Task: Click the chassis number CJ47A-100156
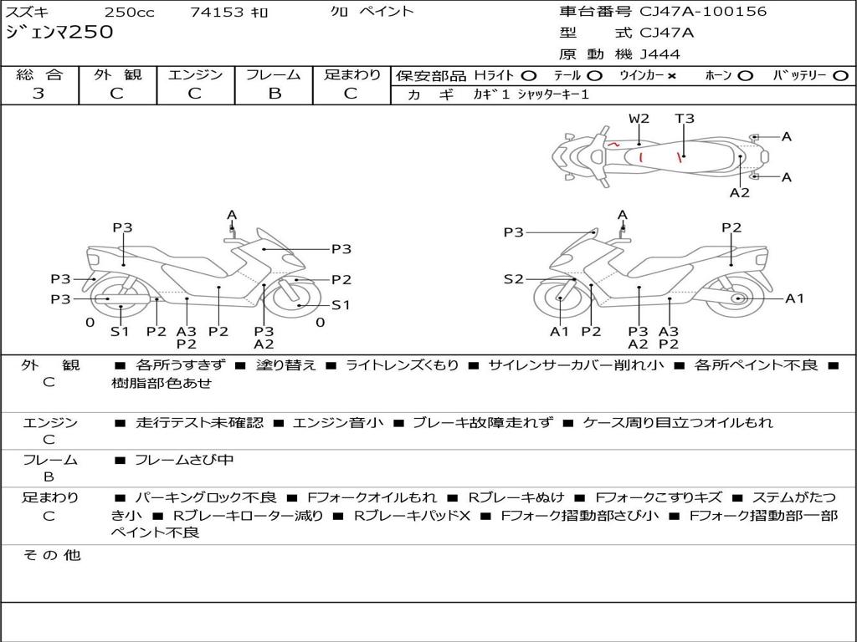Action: point(703,12)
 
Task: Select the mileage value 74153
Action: point(217,12)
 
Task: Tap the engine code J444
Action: point(659,54)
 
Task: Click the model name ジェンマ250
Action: point(59,33)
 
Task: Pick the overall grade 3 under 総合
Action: point(38,94)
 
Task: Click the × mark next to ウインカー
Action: point(671,75)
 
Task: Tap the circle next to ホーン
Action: point(745,75)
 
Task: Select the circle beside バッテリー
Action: point(840,75)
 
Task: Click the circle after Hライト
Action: point(528,75)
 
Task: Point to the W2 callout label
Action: point(639,119)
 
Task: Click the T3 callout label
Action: point(685,119)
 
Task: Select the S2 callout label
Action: point(513,279)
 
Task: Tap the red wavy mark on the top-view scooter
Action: point(614,145)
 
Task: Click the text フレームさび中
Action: point(184,460)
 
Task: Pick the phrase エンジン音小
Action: point(338,422)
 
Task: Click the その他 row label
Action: point(50,555)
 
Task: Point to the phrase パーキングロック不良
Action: point(205,497)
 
